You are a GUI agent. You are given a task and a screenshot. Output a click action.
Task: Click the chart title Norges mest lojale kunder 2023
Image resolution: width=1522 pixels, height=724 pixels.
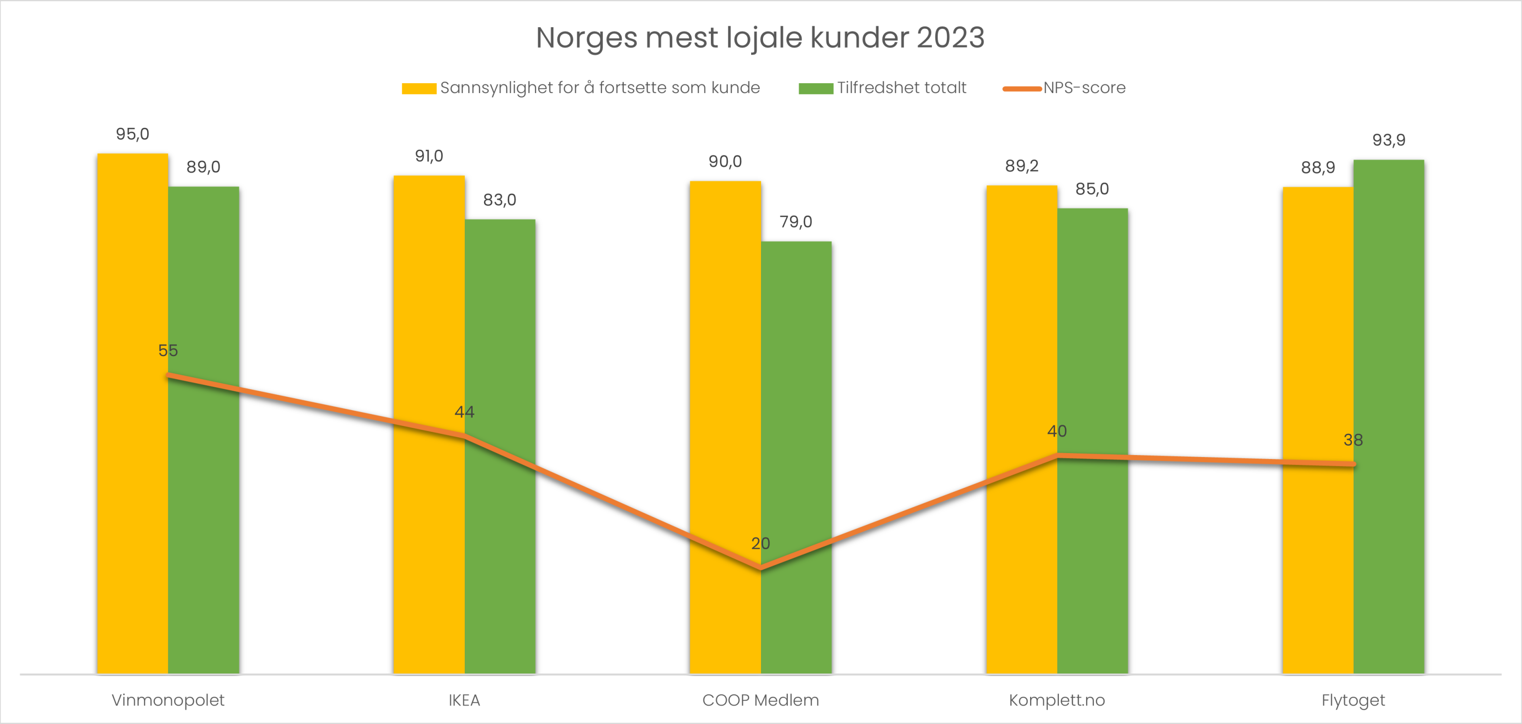(760, 38)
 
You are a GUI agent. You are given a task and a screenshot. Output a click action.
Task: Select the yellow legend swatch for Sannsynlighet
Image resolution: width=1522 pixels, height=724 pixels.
(419, 89)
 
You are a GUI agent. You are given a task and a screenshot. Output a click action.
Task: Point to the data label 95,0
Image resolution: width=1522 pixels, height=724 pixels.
(132, 134)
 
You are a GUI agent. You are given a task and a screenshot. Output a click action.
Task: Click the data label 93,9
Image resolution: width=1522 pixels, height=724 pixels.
(1388, 140)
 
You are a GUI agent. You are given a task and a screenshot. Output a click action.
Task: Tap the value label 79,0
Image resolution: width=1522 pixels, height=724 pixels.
(795, 222)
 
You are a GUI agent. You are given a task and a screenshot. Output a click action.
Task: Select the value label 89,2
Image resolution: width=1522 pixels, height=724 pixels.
(1021, 166)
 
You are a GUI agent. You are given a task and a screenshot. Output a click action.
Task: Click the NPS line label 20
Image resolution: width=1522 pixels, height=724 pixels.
(761, 543)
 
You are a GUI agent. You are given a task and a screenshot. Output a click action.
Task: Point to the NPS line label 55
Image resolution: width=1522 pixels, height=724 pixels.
(168, 350)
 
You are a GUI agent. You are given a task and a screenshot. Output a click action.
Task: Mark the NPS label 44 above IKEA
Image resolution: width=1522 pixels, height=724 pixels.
(464, 412)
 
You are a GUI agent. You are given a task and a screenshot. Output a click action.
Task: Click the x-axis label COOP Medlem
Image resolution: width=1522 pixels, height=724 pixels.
(761, 700)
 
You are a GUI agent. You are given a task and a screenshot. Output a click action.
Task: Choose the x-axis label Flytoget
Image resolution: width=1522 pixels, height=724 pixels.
(1353, 700)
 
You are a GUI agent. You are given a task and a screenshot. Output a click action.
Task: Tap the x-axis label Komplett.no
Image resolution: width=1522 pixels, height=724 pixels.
(1056, 700)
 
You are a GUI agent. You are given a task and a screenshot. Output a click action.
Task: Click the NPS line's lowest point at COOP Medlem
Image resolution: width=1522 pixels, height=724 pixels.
(761, 568)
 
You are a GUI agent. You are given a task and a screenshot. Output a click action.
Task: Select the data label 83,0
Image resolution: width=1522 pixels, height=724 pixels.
(500, 200)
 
